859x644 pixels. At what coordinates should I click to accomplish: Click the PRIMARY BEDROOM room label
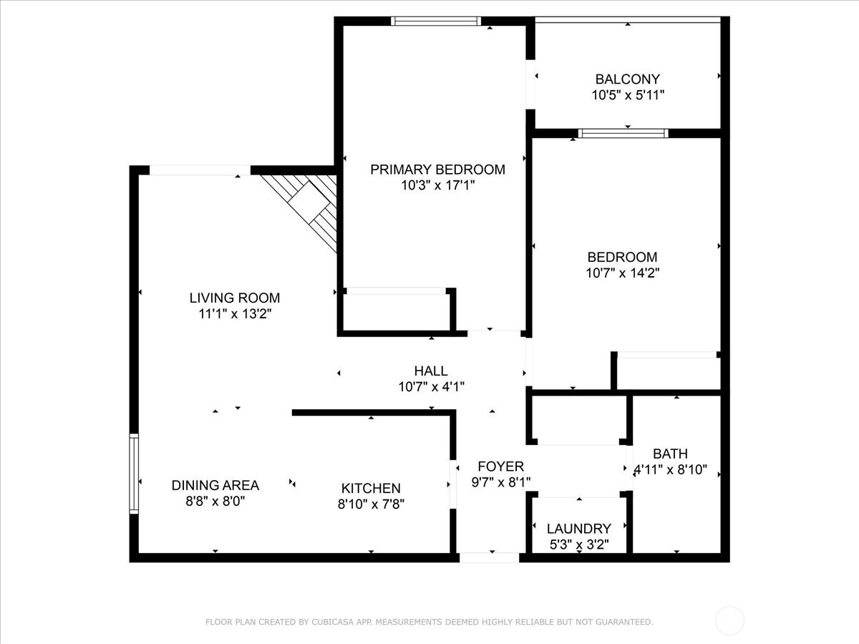click(x=437, y=170)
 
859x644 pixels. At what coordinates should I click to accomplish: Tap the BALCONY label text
click(x=628, y=79)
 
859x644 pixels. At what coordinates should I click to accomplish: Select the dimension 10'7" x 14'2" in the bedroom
click(x=622, y=273)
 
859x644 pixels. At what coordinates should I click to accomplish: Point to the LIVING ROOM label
click(x=235, y=298)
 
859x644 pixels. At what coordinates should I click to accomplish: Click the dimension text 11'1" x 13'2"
click(x=235, y=313)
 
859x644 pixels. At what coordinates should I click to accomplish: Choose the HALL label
click(x=431, y=371)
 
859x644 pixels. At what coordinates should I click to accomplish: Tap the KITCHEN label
click(x=371, y=489)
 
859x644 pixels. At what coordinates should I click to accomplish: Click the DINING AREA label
click(x=215, y=485)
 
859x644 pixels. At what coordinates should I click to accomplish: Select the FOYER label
click(x=501, y=467)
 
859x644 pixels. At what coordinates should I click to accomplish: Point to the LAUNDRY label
click(x=579, y=529)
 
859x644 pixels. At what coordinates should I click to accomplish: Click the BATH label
click(x=670, y=454)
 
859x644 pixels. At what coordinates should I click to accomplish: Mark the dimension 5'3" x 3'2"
click(x=579, y=545)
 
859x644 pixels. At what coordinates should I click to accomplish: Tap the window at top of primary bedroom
click(x=436, y=21)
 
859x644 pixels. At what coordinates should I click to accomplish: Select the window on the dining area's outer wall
click(x=134, y=474)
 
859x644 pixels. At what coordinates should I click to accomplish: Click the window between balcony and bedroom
click(x=623, y=133)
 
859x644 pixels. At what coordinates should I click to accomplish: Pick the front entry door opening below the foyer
click(x=489, y=557)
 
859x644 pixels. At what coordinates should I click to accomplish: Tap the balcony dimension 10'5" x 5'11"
click(x=628, y=95)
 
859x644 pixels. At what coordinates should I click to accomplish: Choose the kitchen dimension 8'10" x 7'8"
click(x=371, y=504)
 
